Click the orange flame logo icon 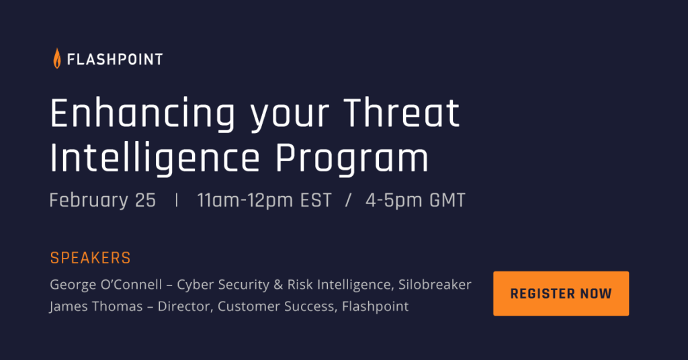point(57,58)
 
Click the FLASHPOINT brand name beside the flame point(115,59)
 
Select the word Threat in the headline point(402,114)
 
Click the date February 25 point(103,200)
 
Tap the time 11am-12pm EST point(264,200)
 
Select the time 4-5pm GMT point(415,200)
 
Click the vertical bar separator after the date point(177,200)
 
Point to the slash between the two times point(349,200)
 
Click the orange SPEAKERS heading point(91,258)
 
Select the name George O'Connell point(106,285)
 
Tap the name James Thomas point(96,306)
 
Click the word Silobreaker point(435,285)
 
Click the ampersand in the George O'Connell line point(278,285)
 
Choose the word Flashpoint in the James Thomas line point(375,306)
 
